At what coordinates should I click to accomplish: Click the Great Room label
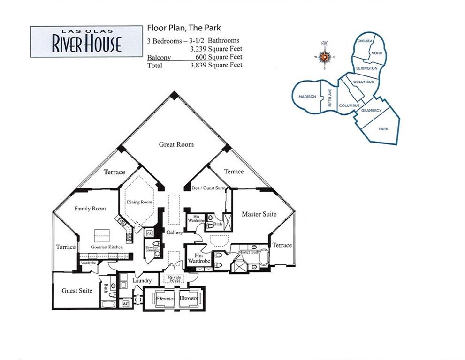[x=176, y=144]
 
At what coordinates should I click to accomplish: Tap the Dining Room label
[x=139, y=202]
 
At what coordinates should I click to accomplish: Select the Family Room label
[x=90, y=209]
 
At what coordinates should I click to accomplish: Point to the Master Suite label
[x=259, y=214]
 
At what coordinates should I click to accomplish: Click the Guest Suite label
[x=77, y=291]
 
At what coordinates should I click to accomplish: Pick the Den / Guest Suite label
[x=208, y=188]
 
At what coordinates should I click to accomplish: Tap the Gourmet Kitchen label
[x=107, y=247]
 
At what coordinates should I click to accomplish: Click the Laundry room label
[x=142, y=281]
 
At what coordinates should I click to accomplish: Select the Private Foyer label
[x=175, y=278]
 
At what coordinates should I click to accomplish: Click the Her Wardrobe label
[x=198, y=258]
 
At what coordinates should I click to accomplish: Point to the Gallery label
[x=175, y=232]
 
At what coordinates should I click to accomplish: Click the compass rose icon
[x=325, y=57]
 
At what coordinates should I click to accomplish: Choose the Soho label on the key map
[x=377, y=53]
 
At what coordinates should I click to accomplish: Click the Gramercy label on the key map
[x=371, y=110]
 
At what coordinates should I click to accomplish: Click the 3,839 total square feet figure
[x=216, y=65]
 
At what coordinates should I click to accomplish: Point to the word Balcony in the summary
[x=159, y=57]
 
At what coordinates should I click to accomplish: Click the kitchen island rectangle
[x=102, y=236]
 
